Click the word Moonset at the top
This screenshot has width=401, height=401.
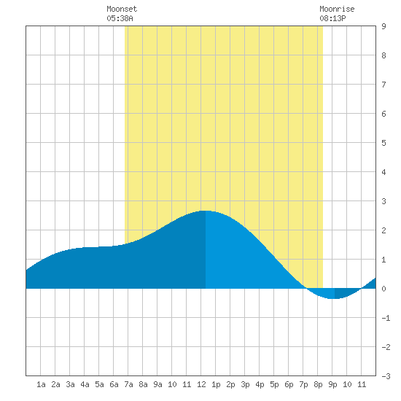(x=122, y=9)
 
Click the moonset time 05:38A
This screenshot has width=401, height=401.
(x=120, y=18)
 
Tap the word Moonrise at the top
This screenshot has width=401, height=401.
(x=337, y=9)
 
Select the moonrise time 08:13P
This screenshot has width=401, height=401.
(x=332, y=18)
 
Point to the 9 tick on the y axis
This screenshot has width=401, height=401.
(x=384, y=26)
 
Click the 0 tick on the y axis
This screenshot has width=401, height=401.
(x=384, y=289)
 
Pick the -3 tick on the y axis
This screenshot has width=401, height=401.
(x=386, y=376)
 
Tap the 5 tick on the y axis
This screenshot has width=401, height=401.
(x=384, y=143)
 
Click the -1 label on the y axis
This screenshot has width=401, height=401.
(x=386, y=318)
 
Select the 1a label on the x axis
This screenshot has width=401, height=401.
(x=41, y=384)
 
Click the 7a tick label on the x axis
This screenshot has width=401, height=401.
(x=128, y=384)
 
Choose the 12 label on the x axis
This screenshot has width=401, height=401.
(x=201, y=384)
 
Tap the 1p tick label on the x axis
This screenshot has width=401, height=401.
(x=216, y=384)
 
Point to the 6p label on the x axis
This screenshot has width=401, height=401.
(x=289, y=384)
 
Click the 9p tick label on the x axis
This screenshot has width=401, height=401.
(x=332, y=384)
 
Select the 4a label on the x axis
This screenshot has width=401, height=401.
(x=85, y=384)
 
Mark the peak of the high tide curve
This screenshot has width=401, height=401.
(x=206, y=211)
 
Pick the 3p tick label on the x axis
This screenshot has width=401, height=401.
(x=245, y=384)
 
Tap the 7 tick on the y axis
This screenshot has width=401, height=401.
(x=384, y=85)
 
